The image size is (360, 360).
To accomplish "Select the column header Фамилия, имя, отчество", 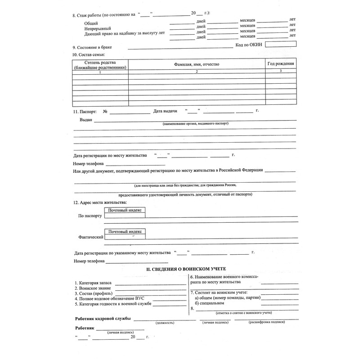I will [197, 65].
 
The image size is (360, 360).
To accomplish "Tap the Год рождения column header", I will [281, 64].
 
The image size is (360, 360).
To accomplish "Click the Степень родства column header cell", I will [100, 65].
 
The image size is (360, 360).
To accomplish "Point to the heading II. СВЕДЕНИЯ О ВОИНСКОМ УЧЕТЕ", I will [183, 269].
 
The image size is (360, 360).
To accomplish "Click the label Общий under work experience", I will [91, 23].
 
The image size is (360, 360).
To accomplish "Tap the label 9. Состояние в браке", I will [92, 47].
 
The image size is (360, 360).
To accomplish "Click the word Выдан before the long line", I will [86, 120].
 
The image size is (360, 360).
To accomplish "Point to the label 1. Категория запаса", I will [93, 283].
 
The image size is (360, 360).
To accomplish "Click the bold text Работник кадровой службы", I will [103, 319].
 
